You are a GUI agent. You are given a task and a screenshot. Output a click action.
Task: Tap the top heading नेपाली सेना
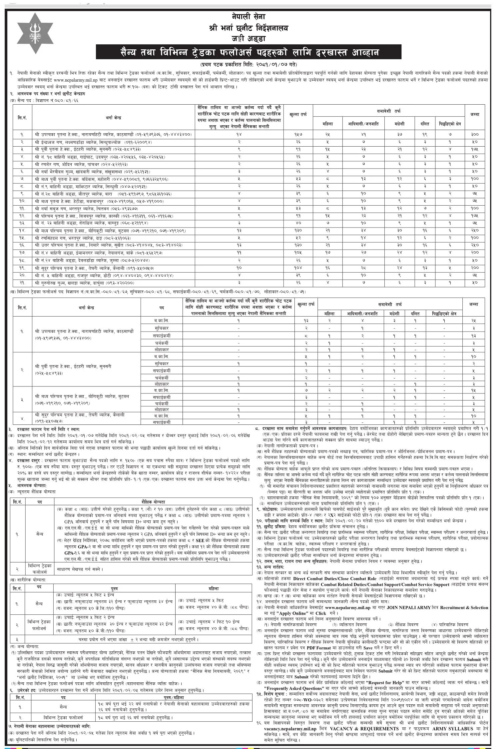pyautogui.click(x=248, y=16)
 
